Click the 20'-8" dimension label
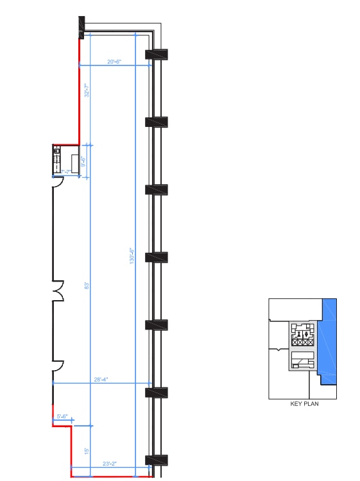tap(115, 62)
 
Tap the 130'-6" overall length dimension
tap(132, 257)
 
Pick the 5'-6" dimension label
tap(62, 417)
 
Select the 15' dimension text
tap(85, 451)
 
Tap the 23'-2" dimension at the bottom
tap(110, 463)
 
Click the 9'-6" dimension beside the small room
tap(83, 162)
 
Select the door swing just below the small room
tap(57, 182)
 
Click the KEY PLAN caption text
tap(305, 404)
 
